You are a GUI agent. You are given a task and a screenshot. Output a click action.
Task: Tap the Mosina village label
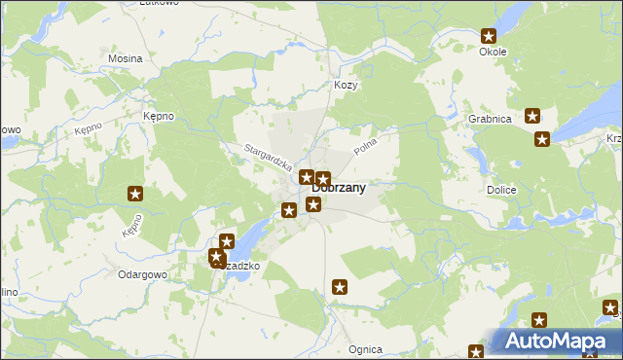click(125, 58)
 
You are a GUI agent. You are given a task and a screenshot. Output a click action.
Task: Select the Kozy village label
click(347, 86)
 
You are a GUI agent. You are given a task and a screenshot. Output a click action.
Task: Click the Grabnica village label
click(490, 119)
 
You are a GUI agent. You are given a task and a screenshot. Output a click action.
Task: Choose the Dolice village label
click(500, 191)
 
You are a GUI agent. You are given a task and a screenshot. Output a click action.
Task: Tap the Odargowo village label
click(144, 274)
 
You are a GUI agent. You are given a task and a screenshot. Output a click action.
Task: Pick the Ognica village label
click(365, 349)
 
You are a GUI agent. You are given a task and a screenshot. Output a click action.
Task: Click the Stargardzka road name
click(268, 158)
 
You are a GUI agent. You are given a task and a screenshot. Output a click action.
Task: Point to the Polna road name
click(365, 147)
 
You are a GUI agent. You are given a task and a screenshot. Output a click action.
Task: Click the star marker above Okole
click(489, 36)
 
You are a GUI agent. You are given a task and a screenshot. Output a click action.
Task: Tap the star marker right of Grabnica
click(533, 117)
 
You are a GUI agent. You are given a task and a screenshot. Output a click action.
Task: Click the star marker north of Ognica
click(340, 287)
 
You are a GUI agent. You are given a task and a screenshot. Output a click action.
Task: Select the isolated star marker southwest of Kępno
click(135, 194)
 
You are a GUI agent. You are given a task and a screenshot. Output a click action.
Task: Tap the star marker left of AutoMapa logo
click(476, 352)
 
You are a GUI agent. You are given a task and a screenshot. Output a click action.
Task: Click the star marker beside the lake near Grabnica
click(542, 139)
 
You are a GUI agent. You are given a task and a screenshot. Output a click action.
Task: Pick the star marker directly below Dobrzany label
click(313, 204)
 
